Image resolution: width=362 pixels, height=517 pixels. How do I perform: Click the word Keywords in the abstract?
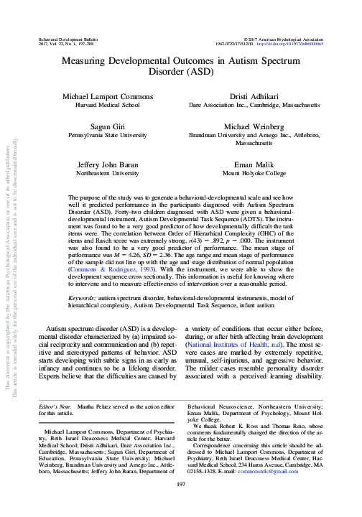[83, 297]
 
